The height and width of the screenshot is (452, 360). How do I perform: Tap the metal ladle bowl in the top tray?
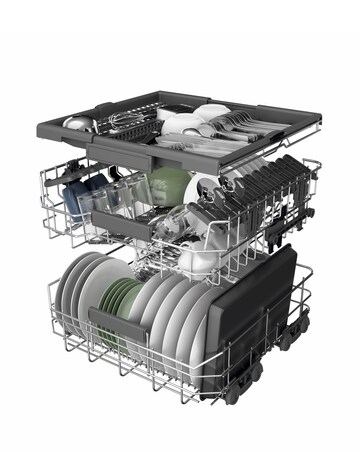pyautogui.click(x=77, y=123)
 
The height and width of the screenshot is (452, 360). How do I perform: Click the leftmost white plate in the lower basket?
pyautogui.click(x=70, y=289)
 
